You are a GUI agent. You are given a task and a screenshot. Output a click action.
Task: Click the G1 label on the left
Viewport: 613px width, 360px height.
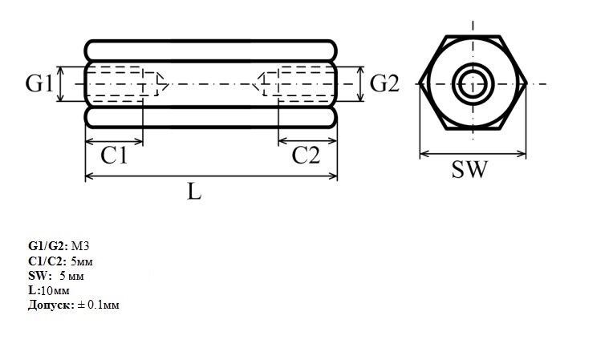(39, 83)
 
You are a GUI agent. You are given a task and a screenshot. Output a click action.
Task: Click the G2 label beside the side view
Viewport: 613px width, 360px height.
(384, 83)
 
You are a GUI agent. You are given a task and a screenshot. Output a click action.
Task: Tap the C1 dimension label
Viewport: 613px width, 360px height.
(114, 156)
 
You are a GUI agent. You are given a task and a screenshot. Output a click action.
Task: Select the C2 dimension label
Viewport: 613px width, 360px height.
(306, 156)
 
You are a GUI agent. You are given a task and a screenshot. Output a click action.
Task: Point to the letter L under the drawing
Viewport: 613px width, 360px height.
(194, 192)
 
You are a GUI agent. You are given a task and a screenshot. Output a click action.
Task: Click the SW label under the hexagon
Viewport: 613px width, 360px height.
(470, 169)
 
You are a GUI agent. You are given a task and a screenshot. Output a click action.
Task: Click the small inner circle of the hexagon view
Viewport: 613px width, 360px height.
(473, 84)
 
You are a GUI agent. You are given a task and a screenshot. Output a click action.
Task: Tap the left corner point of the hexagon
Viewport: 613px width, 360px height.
(420, 83)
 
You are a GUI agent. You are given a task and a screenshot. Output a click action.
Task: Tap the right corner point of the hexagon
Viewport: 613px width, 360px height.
(526, 83)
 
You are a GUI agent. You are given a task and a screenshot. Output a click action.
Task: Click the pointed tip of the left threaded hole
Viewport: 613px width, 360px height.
(168, 83)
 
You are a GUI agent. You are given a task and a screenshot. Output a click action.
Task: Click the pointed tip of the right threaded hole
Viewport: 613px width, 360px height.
(252, 83)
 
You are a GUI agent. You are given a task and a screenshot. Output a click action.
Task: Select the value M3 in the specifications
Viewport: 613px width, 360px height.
(80, 246)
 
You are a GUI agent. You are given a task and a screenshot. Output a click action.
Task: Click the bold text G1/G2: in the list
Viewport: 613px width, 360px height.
(48, 246)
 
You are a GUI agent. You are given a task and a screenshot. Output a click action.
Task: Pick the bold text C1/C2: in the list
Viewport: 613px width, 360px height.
(47, 261)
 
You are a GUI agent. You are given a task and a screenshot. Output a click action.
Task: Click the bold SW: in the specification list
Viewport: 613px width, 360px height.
(40, 276)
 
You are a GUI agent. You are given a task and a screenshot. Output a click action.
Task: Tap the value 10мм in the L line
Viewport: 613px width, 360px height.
(55, 290)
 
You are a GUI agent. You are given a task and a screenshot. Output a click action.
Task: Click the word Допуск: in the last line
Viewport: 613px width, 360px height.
(51, 305)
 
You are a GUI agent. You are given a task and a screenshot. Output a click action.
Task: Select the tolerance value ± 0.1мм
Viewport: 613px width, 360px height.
(98, 305)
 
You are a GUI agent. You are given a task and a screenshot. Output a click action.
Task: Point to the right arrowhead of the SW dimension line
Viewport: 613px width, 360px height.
(522, 154)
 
